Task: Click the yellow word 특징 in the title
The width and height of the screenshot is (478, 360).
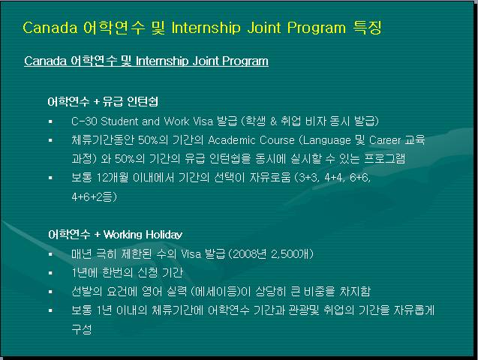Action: [x=368, y=28]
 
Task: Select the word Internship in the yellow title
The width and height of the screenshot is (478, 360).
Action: [x=206, y=28]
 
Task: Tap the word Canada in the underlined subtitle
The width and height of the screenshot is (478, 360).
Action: [x=45, y=61]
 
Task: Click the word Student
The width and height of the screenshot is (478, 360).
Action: [x=119, y=121]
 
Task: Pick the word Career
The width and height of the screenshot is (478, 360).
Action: [x=385, y=140]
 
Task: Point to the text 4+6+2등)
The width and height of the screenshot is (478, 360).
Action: [x=95, y=196]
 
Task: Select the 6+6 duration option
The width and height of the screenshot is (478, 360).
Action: [x=360, y=177]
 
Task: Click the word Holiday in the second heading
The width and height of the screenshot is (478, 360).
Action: [x=164, y=235]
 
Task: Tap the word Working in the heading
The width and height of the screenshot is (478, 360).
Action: [x=122, y=235]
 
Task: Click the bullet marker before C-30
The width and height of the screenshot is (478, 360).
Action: [x=50, y=121]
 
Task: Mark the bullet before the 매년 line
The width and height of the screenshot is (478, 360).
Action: [x=50, y=254]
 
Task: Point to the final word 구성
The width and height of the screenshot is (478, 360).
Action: [x=81, y=329]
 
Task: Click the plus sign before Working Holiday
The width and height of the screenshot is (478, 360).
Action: [x=97, y=235]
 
